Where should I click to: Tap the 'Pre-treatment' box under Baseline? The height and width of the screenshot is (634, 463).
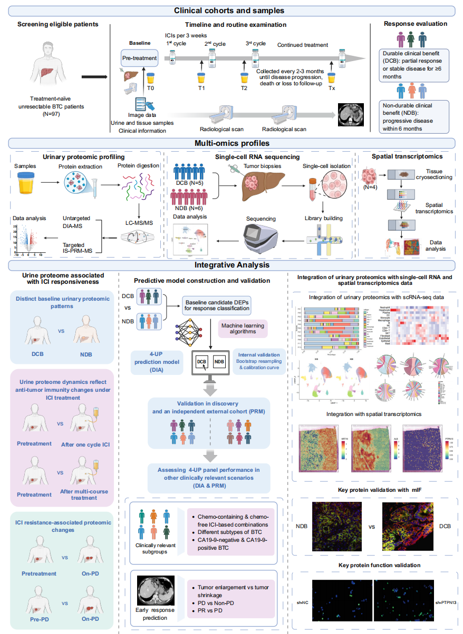[x=139, y=58]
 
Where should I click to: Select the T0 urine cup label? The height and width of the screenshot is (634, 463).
[x=151, y=88]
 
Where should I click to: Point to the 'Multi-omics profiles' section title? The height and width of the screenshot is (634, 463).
[x=231, y=143]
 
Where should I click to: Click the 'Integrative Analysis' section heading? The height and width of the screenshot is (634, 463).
[x=231, y=265]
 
